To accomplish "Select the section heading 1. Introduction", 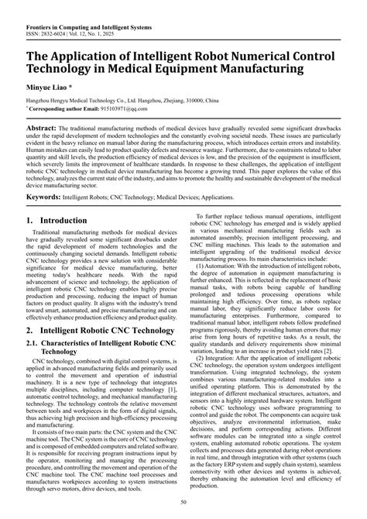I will pyautogui.click(x=57, y=221).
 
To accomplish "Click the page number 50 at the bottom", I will pyautogui.click(x=183, y=504).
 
